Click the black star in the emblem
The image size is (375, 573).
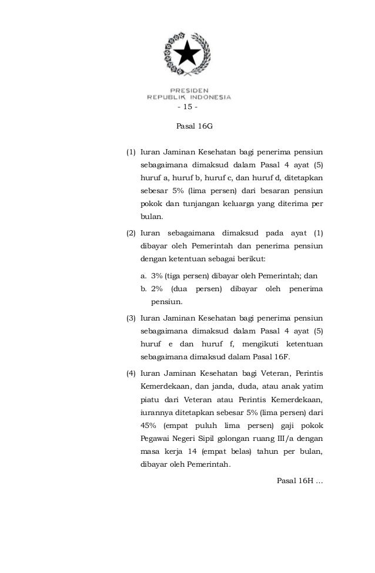pos(189,55)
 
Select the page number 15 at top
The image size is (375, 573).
pos(187,107)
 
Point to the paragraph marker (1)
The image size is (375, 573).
pos(132,152)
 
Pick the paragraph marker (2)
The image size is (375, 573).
pos(132,232)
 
